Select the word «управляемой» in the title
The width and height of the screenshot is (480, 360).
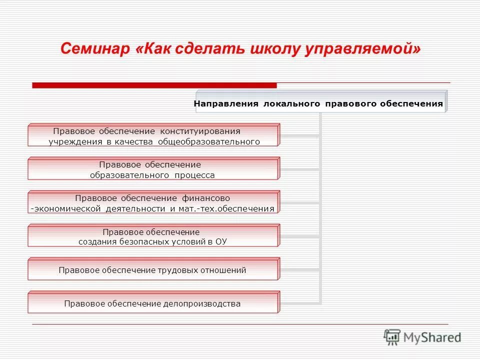point(364,49)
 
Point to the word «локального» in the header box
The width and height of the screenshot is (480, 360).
point(289,104)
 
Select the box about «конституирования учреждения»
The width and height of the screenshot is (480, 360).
point(153,135)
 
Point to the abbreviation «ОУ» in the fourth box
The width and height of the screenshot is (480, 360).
point(221,241)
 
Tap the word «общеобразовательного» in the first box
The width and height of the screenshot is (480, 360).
point(209,141)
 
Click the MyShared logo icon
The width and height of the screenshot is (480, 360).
point(392,337)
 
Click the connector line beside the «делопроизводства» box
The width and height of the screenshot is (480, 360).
point(300,303)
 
